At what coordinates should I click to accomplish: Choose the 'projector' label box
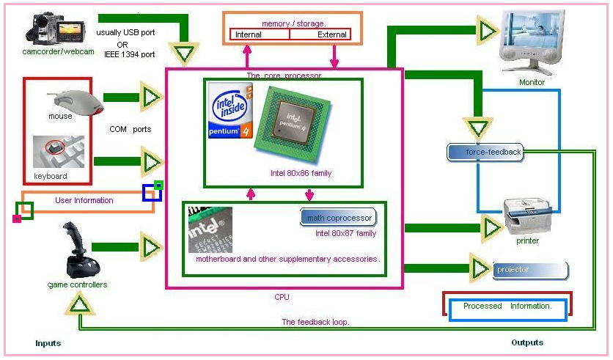[530, 270]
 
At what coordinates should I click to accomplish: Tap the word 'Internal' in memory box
[249, 34]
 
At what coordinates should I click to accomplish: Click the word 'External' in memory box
[332, 34]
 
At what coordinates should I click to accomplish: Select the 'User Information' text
[84, 200]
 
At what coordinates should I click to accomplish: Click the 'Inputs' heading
[48, 343]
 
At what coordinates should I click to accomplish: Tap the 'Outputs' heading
[527, 342]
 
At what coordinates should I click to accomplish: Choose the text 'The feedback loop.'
[315, 322]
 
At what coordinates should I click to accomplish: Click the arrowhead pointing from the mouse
[152, 97]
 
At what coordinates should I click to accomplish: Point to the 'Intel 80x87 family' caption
[345, 234]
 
